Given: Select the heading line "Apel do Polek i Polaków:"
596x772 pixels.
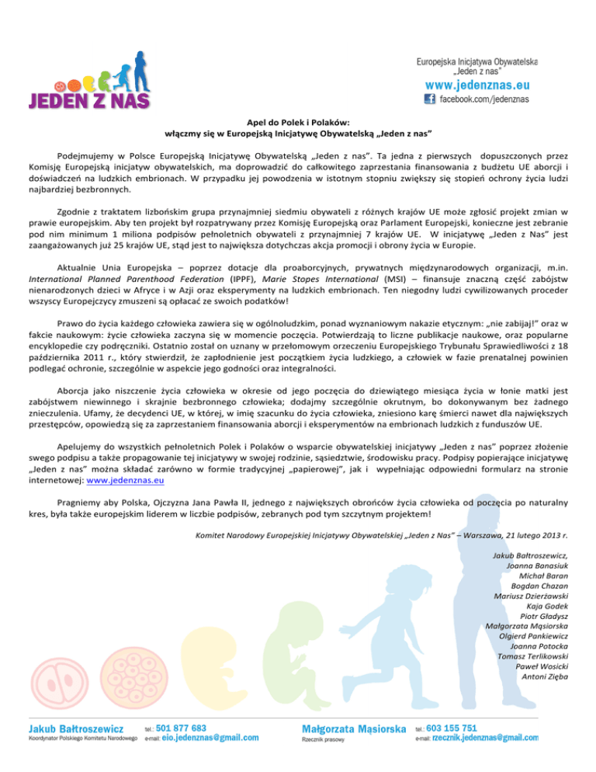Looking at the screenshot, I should tap(298, 121).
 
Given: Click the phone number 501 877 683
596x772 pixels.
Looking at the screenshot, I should tap(181, 728).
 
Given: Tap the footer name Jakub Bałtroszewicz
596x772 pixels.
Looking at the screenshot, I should tap(76, 729).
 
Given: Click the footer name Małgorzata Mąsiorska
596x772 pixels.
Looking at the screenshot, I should tap(354, 729).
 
